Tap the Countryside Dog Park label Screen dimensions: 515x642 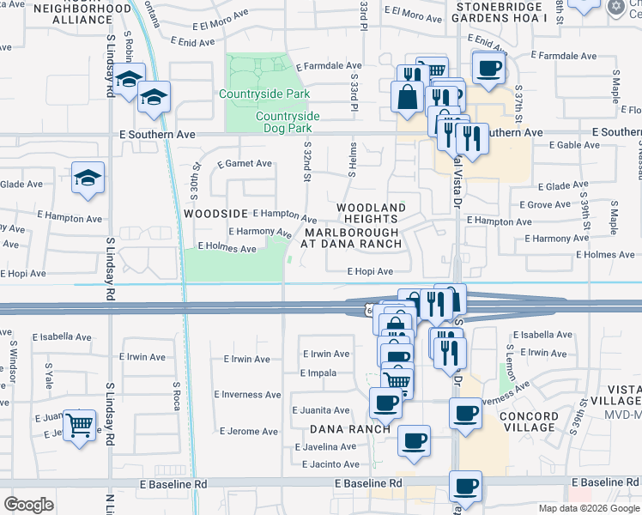tap(287, 122)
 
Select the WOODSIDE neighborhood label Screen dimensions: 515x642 tap(215, 213)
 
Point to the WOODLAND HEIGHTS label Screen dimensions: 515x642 tap(370, 214)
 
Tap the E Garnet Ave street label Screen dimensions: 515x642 tap(245, 163)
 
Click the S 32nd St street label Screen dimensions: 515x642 tap(306, 163)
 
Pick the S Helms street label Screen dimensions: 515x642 tap(352, 160)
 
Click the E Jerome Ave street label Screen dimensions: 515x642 tap(250, 431)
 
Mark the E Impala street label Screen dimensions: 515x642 tap(318, 373)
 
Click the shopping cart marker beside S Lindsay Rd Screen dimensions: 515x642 tap(78, 424)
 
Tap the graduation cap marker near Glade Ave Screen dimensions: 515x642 tap(88, 178)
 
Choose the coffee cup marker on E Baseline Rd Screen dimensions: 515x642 tap(466, 487)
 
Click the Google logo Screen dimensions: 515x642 tap(28, 505)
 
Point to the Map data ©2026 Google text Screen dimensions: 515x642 tap(588, 508)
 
